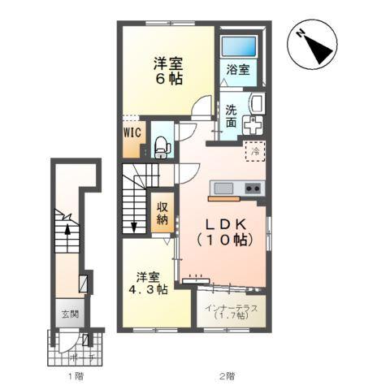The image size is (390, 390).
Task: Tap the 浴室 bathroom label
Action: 237,70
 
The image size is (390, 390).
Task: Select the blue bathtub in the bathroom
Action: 238,47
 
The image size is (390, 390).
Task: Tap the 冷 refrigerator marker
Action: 254,150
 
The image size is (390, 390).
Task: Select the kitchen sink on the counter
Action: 223,189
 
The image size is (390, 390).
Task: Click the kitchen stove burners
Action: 253,189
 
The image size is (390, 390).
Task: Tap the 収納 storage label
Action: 162,212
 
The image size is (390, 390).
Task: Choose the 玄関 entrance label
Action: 67,313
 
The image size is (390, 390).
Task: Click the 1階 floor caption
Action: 75,376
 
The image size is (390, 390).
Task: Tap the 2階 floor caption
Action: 227,376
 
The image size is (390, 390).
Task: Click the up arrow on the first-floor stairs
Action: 68,230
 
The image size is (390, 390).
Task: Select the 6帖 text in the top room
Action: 170,79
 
